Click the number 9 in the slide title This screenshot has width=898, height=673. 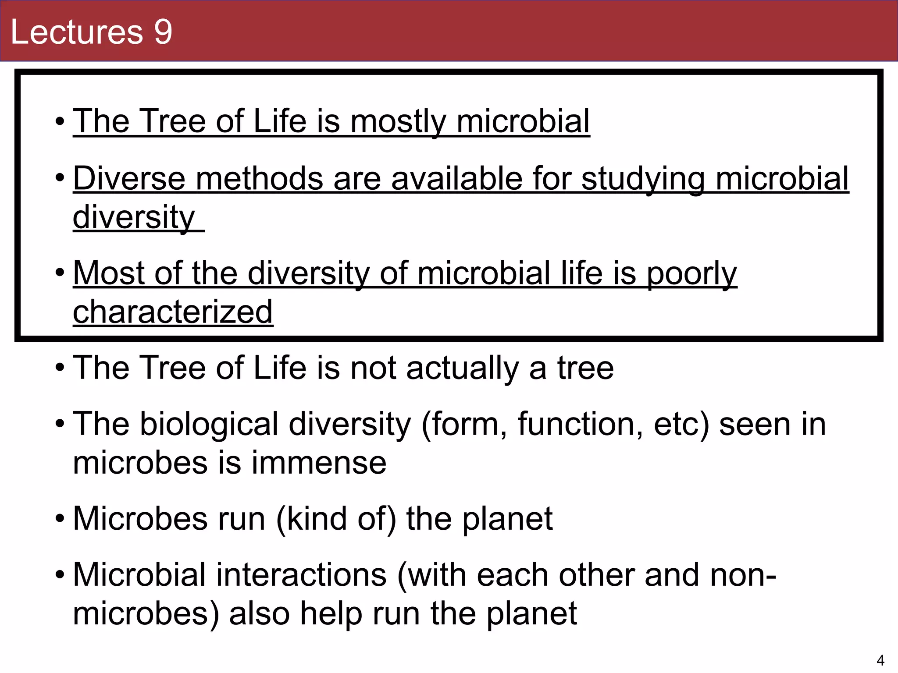click(x=163, y=32)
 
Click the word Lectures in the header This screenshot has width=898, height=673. click(x=77, y=32)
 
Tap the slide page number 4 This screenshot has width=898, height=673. click(x=880, y=660)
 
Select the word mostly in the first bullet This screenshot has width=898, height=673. click(x=398, y=121)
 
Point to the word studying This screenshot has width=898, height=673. click(x=643, y=179)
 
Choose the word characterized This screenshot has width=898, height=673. click(x=173, y=312)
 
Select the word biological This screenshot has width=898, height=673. click(x=209, y=425)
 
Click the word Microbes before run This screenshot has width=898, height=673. click(x=139, y=519)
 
